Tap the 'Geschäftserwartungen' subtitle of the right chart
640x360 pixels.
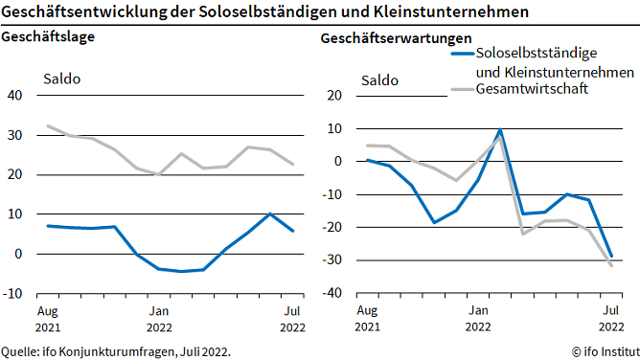(396, 39)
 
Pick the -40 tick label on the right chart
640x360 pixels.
(331, 294)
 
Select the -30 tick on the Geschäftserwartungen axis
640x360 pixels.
(331, 260)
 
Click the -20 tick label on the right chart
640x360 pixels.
(331, 228)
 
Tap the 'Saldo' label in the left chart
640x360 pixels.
(61, 79)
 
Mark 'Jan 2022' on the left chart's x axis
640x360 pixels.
(159, 318)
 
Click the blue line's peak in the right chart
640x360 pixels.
(500, 129)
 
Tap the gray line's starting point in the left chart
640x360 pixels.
(49, 126)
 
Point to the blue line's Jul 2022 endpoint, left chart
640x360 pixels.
(292, 231)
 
